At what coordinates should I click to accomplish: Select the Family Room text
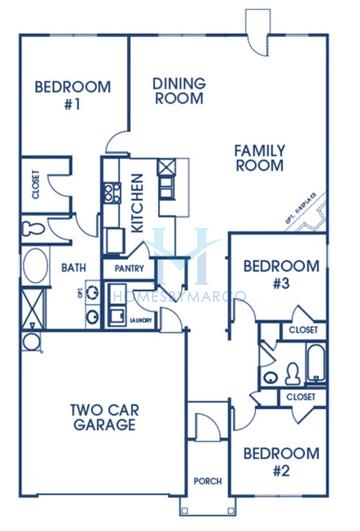click(259, 158)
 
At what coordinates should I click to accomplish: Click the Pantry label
click(130, 268)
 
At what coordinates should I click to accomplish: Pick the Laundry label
click(143, 321)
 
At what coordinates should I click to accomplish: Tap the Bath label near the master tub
click(73, 268)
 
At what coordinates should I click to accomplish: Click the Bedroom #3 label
click(281, 274)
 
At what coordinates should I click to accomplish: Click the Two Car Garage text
click(103, 416)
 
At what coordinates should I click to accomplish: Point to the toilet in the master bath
click(31, 229)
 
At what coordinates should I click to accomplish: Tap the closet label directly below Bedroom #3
click(301, 329)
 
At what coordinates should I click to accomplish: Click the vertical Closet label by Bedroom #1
click(36, 187)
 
